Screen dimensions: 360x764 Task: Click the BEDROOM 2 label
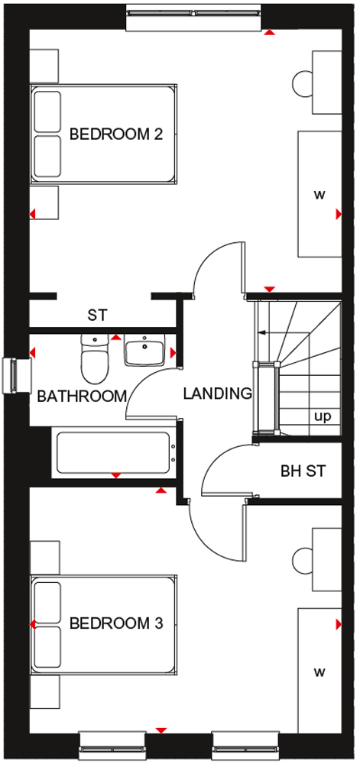point(116,134)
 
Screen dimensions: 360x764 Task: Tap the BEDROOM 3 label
point(116,623)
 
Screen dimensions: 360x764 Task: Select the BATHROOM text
point(82,396)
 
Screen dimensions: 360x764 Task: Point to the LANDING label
point(218,393)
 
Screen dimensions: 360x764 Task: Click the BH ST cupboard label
point(303,471)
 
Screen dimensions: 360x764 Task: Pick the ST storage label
point(97,315)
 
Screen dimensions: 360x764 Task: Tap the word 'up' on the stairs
point(323,417)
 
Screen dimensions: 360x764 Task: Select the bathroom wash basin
point(144,350)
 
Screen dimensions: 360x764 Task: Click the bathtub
point(116,452)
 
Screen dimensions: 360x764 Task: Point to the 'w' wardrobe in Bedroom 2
point(319,193)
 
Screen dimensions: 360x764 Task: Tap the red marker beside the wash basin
point(173,351)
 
